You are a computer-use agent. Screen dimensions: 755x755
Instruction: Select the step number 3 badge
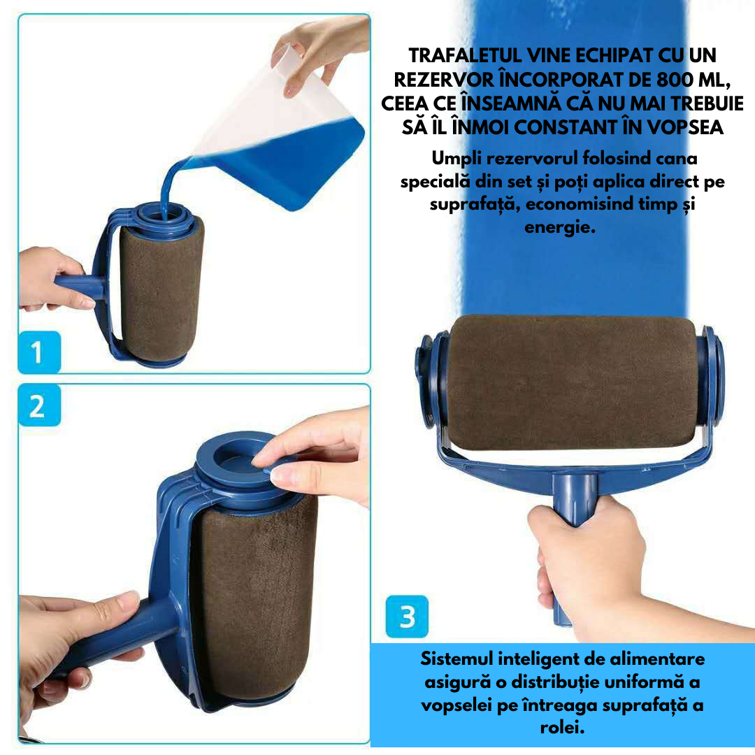(x=406, y=616)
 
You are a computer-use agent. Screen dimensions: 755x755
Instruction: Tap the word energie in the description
(x=559, y=228)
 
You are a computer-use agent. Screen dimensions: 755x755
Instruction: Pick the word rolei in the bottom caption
(x=562, y=728)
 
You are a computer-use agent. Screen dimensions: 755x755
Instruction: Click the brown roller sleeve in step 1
(x=161, y=287)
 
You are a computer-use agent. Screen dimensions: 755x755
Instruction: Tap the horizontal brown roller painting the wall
(x=570, y=381)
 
